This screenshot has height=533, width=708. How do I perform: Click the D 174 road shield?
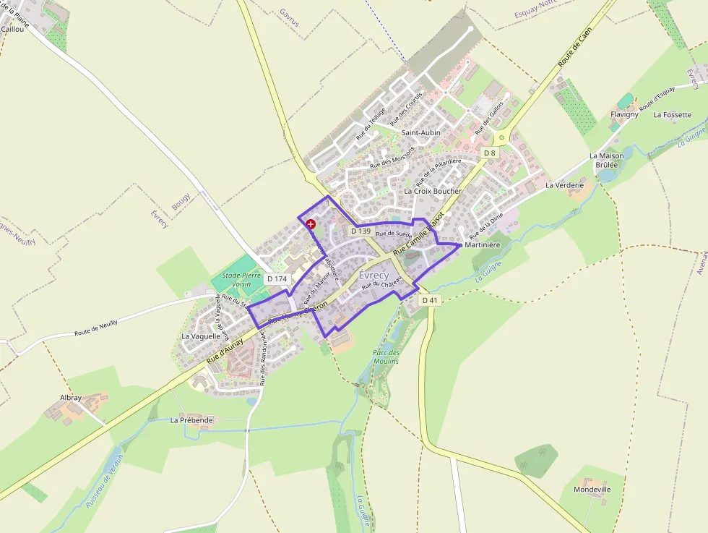tap(277, 278)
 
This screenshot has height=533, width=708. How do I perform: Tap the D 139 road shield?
tap(361, 231)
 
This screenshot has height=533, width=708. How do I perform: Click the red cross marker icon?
tap(311, 224)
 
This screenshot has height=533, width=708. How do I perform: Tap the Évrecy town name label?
tap(374, 276)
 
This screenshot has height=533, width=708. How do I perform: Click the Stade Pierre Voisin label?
tap(241, 280)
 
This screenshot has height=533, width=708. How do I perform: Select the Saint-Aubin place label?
tap(421, 133)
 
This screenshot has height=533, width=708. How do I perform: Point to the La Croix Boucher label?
tap(433, 192)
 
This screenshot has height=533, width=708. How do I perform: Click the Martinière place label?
tap(483, 245)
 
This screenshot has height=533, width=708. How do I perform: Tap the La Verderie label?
tap(564, 185)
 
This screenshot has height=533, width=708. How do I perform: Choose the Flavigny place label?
tap(625, 115)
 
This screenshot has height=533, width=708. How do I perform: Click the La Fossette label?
tap(673, 115)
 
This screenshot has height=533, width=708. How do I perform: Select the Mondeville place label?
tap(592, 490)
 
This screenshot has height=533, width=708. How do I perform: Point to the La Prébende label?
tap(192, 419)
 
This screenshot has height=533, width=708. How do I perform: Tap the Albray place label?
tap(71, 398)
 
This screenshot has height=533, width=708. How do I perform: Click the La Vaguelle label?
tap(201, 336)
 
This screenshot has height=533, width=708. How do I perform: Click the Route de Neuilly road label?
tap(96, 328)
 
